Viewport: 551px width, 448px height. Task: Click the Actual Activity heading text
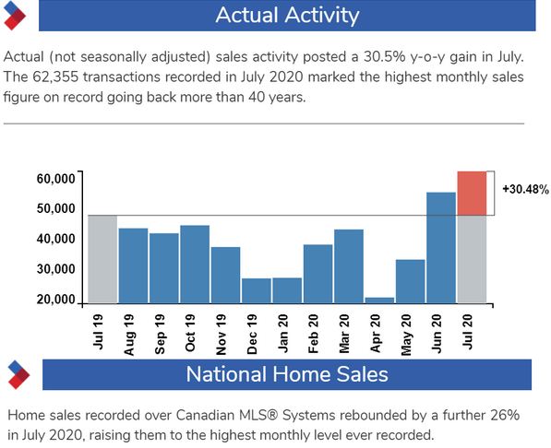click(x=287, y=16)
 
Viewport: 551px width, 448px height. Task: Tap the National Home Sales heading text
click(x=287, y=374)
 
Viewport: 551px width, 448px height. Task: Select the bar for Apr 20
click(x=379, y=301)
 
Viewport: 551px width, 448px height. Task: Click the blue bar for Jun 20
click(x=441, y=248)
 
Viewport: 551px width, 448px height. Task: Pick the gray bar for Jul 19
click(x=102, y=259)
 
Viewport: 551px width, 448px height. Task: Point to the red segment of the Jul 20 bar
click(x=472, y=193)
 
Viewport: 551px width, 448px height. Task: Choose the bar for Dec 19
click(x=257, y=290)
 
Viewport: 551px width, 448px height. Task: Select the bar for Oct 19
click(x=195, y=264)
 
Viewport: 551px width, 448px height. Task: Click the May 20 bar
click(x=410, y=281)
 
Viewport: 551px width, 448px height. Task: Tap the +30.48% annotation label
click(x=525, y=189)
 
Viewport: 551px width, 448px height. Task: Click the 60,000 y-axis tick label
click(x=56, y=178)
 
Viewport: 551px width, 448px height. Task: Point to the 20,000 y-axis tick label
click(x=56, y=300)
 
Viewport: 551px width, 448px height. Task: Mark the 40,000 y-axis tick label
click(x=56, y=239)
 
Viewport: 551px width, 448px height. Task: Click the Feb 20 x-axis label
click(x=313, y=334)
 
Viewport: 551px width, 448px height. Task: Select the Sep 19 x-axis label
click(x=160, y=334)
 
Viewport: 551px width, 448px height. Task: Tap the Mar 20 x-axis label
click(x=344, y=334)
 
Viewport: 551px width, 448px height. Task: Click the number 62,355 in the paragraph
click(x=55, y=77)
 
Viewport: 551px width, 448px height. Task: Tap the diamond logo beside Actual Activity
click(x=15, y=16)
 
